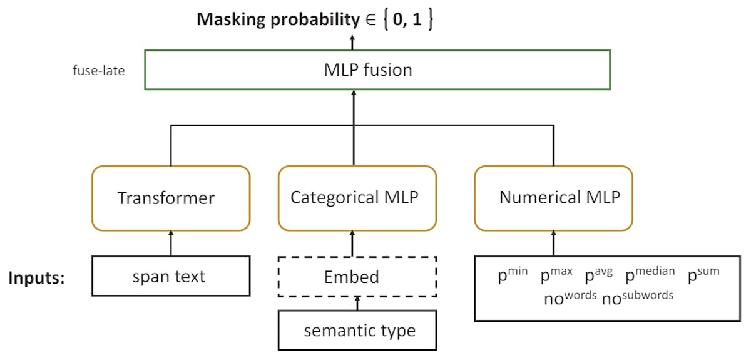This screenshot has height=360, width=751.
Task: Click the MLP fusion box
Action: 377,69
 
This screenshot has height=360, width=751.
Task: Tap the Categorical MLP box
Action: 354,198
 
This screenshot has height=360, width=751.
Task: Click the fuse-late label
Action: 99,70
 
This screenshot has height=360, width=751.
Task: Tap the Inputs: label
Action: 37,277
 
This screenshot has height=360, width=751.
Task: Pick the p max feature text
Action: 556,275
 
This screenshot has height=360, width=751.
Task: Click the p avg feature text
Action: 598,275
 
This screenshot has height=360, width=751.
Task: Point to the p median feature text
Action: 650,275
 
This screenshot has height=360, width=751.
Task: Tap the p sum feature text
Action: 704,275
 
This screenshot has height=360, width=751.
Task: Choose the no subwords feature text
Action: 638,297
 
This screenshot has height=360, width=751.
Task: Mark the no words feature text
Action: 570,297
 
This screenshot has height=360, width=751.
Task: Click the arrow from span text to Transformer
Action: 171,243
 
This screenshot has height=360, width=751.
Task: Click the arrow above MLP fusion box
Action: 352,42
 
